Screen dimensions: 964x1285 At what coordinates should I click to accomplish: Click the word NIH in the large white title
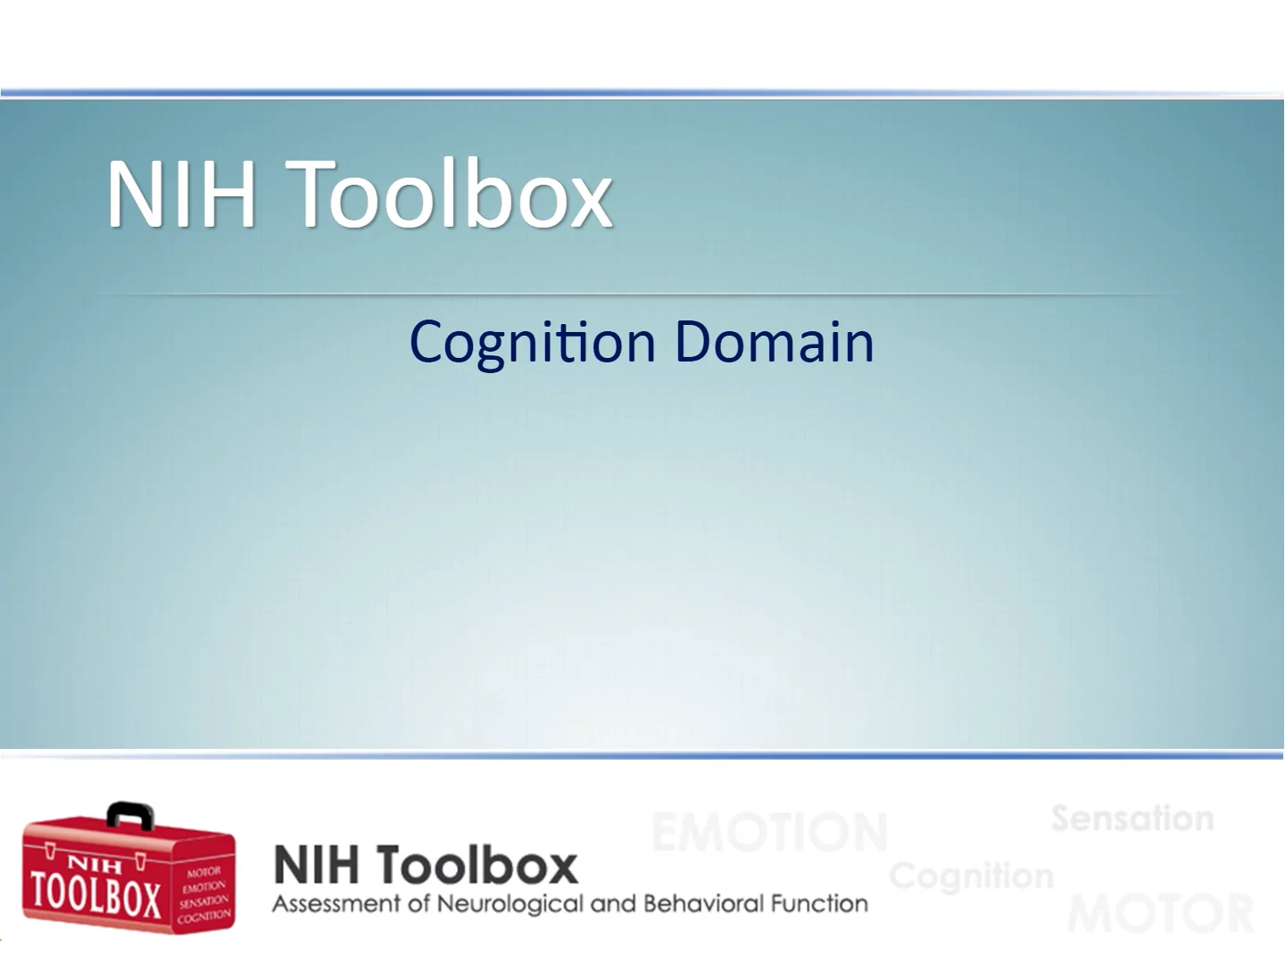click(182, 194)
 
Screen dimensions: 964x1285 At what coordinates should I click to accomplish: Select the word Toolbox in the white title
click(452, 194)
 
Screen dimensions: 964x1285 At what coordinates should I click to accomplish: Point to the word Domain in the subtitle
click(774, 342)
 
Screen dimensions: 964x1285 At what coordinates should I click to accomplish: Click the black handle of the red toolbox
click(129, 814)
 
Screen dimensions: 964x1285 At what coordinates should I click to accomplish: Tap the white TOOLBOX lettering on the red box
click(95, 896)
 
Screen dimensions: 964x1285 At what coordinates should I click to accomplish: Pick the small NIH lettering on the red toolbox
click(95, 863)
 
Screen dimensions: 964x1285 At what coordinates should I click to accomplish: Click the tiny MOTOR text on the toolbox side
click(203, 872)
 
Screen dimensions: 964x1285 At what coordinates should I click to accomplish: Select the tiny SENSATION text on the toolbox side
click(203, 902)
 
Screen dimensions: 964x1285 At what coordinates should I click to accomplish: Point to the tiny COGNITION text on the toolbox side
click(203, 916)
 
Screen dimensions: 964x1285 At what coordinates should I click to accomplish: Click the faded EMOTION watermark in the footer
click(769, 833)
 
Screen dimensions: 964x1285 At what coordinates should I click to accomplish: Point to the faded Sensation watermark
click(1132, 819)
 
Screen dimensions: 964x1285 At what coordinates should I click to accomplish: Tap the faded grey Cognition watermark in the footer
click(971, 876)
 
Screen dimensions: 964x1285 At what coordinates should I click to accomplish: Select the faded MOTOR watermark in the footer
click(1160, 914)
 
